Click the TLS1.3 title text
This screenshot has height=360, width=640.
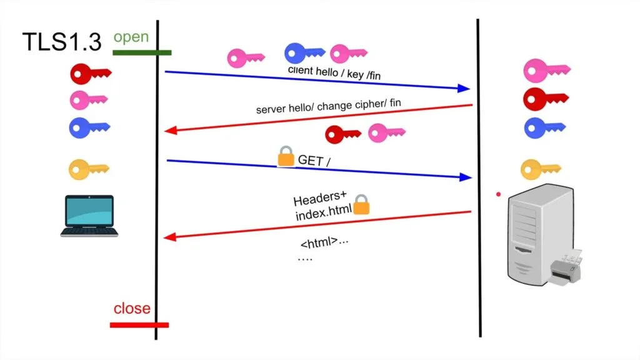pos(61,42)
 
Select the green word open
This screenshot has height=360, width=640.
pos(131,37)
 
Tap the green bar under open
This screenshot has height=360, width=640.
pos(142,52)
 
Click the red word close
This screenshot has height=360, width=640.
pos(132,308)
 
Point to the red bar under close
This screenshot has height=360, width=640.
pos(139,324)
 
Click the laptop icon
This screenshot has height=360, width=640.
pos(90,216)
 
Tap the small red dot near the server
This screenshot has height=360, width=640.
pos(498,194)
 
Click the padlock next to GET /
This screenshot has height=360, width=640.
pos(286,156)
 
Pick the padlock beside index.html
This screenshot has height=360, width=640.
pos(362,204)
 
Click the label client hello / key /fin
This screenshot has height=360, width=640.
pos(334,72)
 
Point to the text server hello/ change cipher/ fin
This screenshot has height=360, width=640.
pos(328,106)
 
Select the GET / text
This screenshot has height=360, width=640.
pos(314,161)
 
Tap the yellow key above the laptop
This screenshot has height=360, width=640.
pos(88,168)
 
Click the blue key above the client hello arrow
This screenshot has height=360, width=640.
pos(304,54)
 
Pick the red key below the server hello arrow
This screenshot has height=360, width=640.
pos(342,134)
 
